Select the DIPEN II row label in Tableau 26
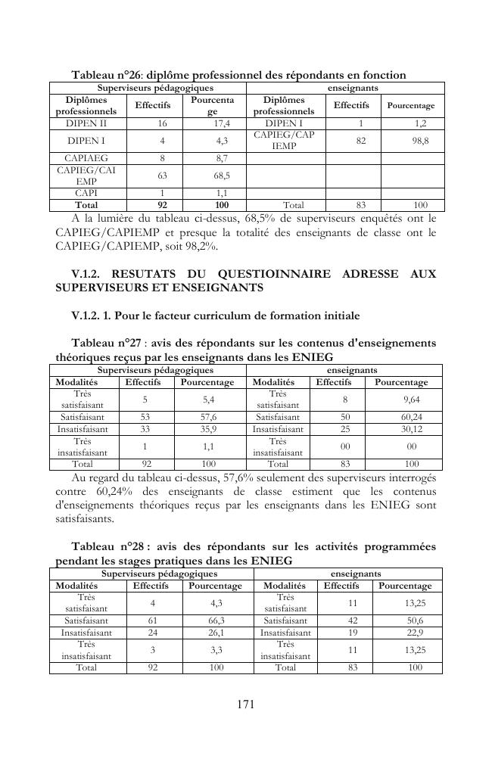click(86, 123)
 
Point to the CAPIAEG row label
click(86, 158)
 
